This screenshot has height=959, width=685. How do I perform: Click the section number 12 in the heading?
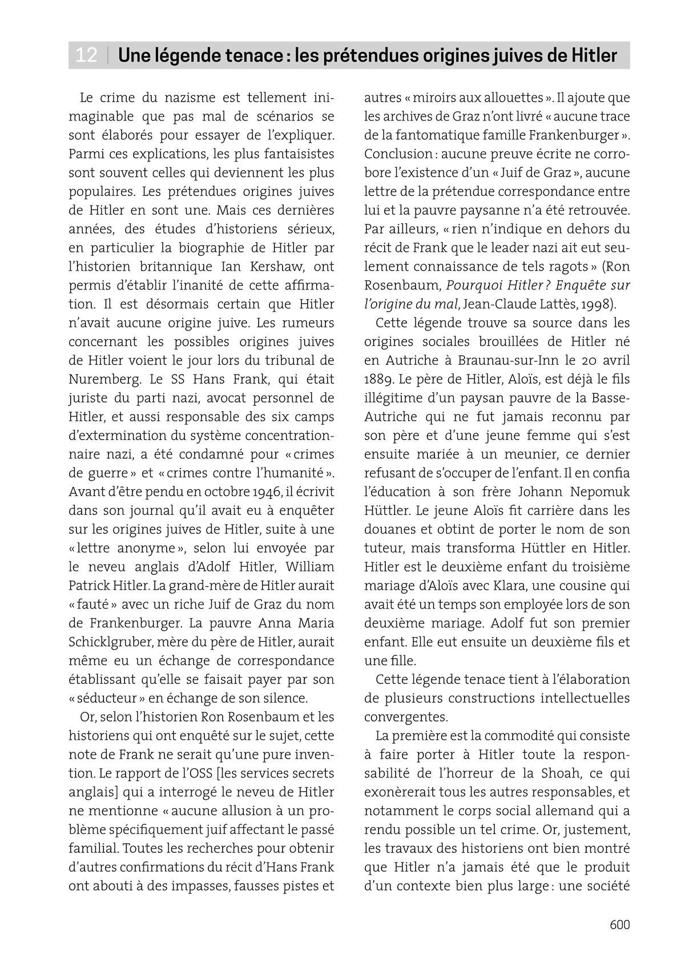tap(86, 55)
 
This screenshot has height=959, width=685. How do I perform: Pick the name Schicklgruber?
tap(110, 642)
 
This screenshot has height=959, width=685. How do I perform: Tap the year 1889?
tap(377, 379)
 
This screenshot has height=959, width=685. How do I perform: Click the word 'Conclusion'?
tap(398, 154)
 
